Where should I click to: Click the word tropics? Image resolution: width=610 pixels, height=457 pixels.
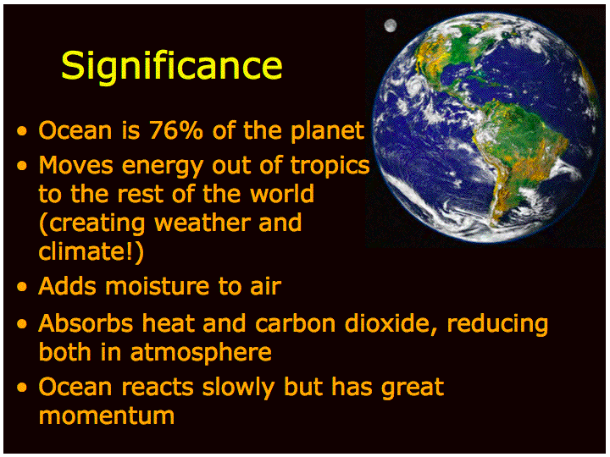click(330, 167)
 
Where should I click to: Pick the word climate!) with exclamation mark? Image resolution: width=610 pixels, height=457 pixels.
click(91, 251)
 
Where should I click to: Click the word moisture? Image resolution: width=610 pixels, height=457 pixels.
click(158, 286)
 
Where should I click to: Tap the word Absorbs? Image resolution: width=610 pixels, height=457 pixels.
click(86, 323)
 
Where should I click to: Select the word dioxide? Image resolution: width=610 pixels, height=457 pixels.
click(391, 323)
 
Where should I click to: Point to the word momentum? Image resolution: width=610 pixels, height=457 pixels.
click(106, 416)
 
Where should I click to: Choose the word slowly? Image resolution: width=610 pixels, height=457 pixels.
click(238, 388)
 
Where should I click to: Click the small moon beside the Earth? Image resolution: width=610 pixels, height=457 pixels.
click(391, 25)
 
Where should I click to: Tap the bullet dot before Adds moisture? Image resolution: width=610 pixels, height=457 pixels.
click(22, 287)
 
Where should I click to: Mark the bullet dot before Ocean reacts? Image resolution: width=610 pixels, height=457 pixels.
click(22, 387)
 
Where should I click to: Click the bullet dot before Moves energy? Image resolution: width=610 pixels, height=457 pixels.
click(22, 167)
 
